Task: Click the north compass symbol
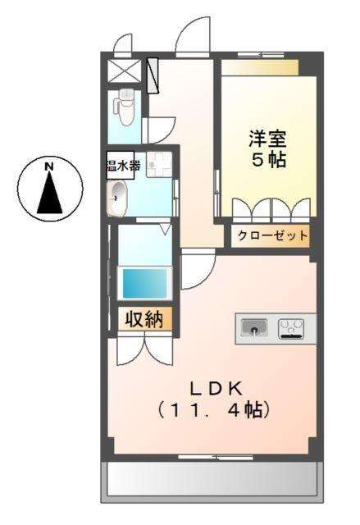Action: coord(49,188)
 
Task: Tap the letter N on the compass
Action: coord(49,167)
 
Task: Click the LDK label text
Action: coord(215,386)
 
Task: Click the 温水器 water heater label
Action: coord(123,167)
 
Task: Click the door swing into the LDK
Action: coord(196,271)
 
